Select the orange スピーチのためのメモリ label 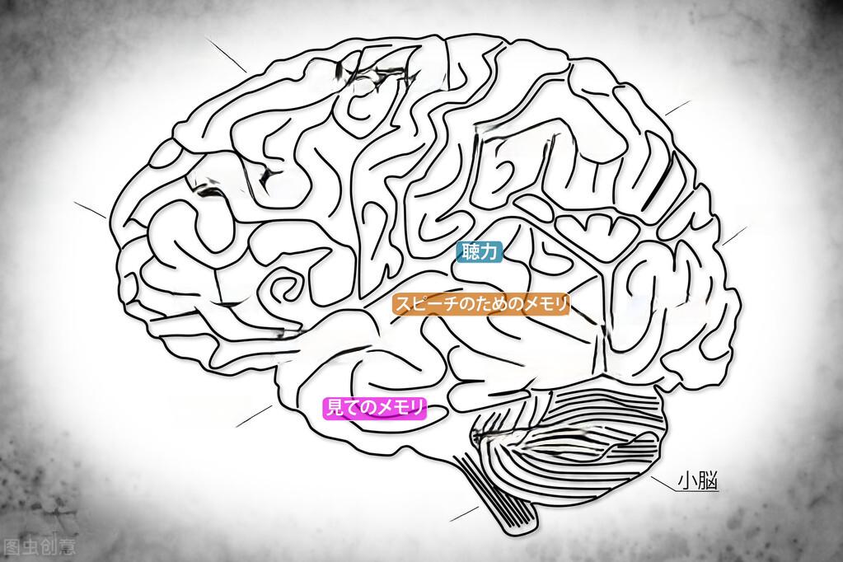click(x=481, y=305)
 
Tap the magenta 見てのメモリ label click(x=375, y=407)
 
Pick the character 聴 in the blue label click(x=470, y=253)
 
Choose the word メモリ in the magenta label click(x=400, y=407)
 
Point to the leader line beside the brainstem click(x=464, y=513)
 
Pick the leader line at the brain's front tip click(x=90, y=209)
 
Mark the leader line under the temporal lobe click(x=253, y=416)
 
